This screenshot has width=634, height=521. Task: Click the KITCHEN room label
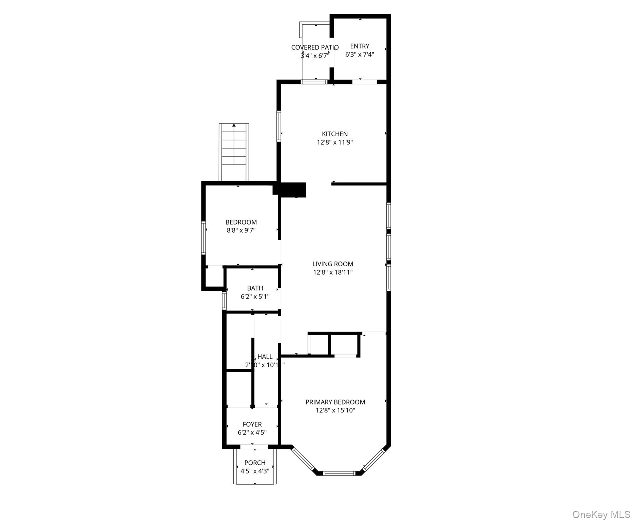[x=334, y=134]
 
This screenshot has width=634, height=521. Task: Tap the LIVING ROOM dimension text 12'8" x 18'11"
[x=332, y=272]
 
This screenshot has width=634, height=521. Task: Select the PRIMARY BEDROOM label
[x=335, y=402]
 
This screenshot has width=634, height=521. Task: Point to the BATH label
[x=255, y=288]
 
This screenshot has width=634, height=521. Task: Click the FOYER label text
[x=252, y=424]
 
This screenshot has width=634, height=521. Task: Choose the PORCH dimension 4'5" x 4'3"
[x=255, y=471]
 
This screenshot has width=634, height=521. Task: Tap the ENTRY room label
[x=360, y=46]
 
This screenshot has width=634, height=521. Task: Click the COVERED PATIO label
[x=314, y=47]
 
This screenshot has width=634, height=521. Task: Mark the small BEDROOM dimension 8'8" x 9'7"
[x=241, y=230]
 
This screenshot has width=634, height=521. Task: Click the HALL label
[x=265, y=356]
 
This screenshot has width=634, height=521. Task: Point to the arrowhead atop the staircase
[x=234, y=125]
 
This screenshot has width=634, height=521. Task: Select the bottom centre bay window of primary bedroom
[x=339, y=473]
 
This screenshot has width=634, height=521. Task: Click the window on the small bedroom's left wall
[x=204, y=238]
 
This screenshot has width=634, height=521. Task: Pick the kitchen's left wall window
[x=279, y=126]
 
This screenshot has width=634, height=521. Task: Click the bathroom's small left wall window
[x=224, y=301]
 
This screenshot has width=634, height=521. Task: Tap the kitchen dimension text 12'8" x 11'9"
[x=334, y=142]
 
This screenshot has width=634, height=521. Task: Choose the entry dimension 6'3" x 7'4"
[x=360, y=55]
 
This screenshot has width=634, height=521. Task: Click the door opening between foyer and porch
[x=254, y=447]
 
